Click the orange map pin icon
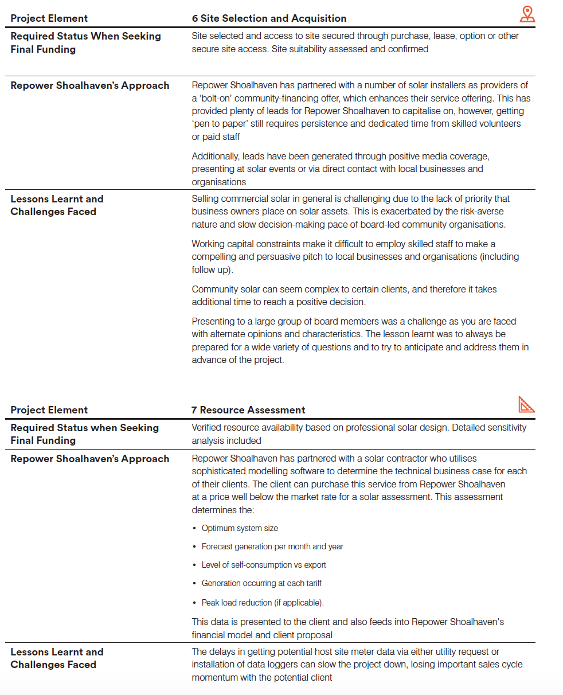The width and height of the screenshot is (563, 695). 527,14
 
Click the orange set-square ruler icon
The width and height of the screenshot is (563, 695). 526,405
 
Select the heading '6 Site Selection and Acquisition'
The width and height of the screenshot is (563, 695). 269,18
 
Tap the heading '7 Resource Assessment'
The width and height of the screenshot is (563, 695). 248,410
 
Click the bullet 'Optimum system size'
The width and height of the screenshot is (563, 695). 240,528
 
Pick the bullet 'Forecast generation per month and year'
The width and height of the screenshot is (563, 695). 272,546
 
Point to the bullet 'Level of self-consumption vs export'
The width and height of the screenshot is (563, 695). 264,565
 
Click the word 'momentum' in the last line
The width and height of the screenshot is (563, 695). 214,677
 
